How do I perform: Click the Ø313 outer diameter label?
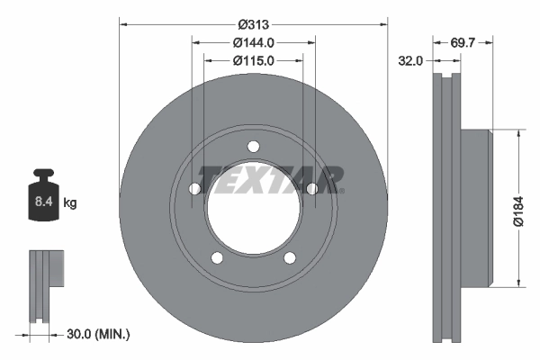pyautogui.click(x=253, y=24)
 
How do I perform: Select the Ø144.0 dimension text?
pyautogui.click(x=253, y=42)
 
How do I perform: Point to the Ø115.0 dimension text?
pyautogui.click(x=253, y=60)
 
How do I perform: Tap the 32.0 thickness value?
pyautogui.click(x=411, y=61)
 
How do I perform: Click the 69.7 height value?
pyautogui.click(x=463, y=42)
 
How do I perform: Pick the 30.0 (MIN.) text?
pyautogui.click(x=99, y=334)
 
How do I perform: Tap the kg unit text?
pyautogui.click(x=70, y=203)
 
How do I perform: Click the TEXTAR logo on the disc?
pyautogui.click(x=270, y=180)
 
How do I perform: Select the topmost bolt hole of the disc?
pyautogui.click(x=253, y=147)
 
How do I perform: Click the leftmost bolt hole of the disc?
pyautogui.click(x=193, y=189)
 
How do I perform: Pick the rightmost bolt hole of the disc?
pyautogui.click(x=312, y=189)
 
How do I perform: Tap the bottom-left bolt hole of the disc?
pyautogui.click(x=216, y=259)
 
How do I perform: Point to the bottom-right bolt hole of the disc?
pyautogui.click(x=290, y=259)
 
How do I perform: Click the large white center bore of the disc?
pyautogui.click(x=253, y=211)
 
